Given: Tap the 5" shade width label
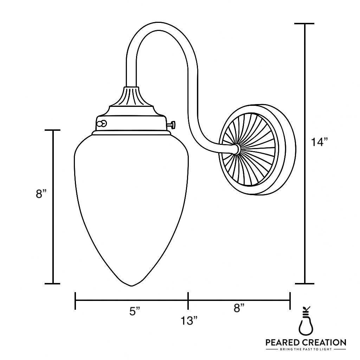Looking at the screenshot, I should [x=135, y=311].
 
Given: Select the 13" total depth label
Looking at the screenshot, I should [x=189, y=321].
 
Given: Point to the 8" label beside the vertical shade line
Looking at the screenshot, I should [x=41, y=194].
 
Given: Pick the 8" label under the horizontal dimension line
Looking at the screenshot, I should [x=239, y=308].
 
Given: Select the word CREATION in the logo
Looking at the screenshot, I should [x=324, y=342].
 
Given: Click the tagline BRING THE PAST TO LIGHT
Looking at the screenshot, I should [x=306, y=350].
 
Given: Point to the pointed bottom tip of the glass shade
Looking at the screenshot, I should [x=131, y=285].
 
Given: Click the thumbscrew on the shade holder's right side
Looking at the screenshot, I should [x=173, y=124].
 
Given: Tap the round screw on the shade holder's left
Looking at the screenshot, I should [x=102, y=123].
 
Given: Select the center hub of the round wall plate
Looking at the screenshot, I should [x=236, y=149].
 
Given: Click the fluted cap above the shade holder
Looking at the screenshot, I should [x=131, y=97].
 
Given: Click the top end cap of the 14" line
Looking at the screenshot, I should [x=304, y=24].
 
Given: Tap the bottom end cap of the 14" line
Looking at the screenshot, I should [x=304, y=283].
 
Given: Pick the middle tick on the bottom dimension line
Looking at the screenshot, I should [x=188, y=301].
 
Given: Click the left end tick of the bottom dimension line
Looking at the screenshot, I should [x=76, y=301].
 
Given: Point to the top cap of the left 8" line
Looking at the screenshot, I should [x=53, y=130].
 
